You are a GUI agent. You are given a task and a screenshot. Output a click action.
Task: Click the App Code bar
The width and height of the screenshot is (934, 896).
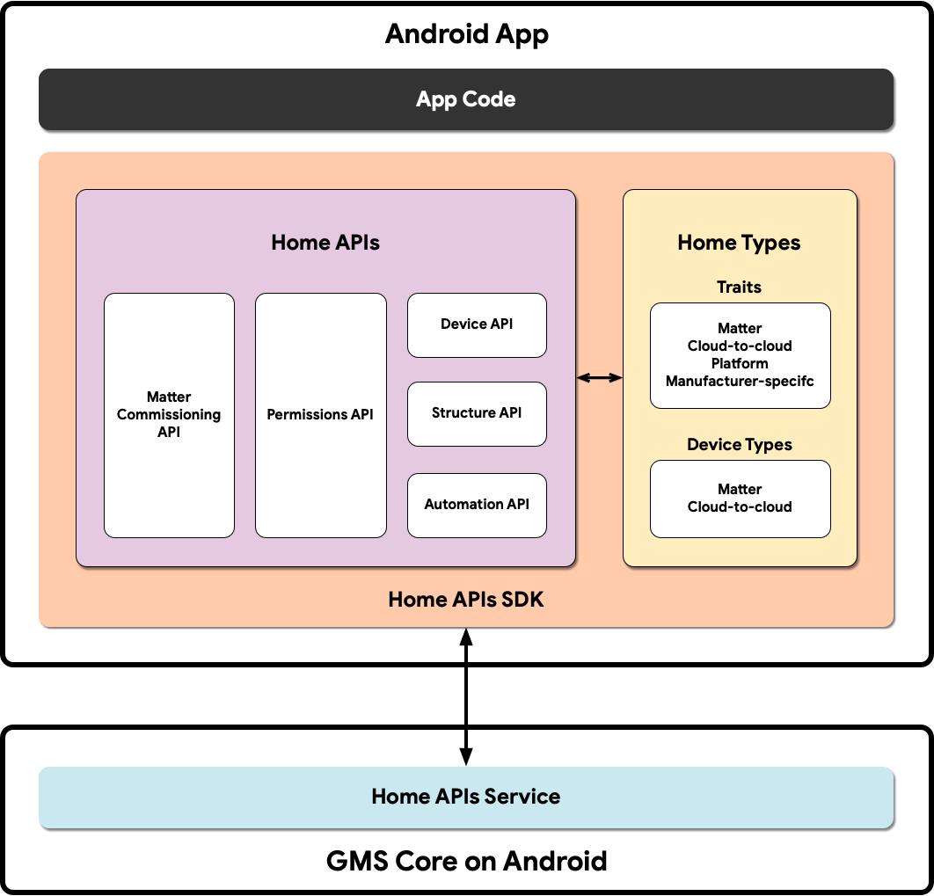pyautogui.click(x=466, y=99)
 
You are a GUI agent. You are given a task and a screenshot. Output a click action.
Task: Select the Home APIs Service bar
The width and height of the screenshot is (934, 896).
pyautogui.click(x=466, y=797)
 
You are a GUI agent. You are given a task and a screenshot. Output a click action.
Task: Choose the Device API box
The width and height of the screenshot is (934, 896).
pyautogui.click(x=477, y=324)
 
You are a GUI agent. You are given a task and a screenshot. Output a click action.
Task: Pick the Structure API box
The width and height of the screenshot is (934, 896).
pyautogui.click(x=477, y=413)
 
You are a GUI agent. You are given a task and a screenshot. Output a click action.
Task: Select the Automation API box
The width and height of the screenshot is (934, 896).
pyautogui.click(x=477, y=505)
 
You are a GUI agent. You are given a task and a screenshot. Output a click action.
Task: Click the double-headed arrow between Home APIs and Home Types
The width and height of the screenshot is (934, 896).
pyautogui.click(x=599, y=378)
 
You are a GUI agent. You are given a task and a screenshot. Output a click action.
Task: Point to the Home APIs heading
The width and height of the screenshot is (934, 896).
pyautogui.click(x=325, y=243)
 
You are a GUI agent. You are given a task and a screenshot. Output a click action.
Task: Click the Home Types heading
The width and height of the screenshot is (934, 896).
pyautogui.click(x=739, y=243)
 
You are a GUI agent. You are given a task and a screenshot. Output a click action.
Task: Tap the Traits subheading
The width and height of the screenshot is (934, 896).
pyautogui.click(x=739, y=288)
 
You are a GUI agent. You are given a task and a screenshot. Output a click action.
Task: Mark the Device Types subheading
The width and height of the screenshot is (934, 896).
pyautogui.click(x=740, y=445)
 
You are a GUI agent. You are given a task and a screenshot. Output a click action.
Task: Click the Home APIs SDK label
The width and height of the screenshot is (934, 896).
pyautogui.click(x=466, y=600)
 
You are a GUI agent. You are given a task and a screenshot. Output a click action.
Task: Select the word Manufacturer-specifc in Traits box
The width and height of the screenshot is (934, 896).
pyautogui.click(x=740, y=382)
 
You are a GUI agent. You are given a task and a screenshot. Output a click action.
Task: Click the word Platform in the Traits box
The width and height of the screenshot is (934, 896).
pyautogui.click(x=740, y=364)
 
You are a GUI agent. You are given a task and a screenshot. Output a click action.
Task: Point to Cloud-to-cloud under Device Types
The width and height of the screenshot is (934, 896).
pyautogui.click(x=740, y=507)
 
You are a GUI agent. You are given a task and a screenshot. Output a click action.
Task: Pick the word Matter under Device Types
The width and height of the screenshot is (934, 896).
pyautogui.click(x=740, y=490)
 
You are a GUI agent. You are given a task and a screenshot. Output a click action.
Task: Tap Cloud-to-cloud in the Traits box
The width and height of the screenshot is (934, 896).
pyautogui.click(x=740, y=346)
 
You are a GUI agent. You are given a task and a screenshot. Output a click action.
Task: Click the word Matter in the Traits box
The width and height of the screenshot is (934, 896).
pyautogui.click(x=740, y=329)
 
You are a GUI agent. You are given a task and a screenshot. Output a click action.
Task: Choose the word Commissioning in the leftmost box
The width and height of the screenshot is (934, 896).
pyautogui.click(x=169, y=415)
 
